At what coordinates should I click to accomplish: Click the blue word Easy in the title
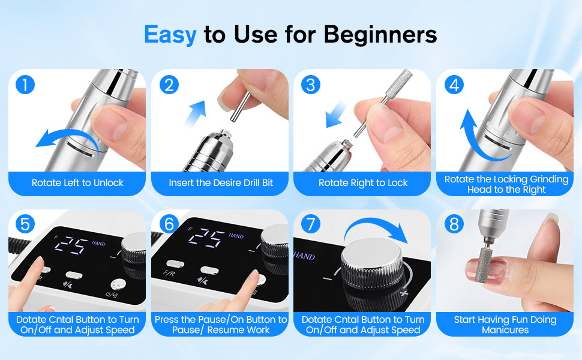pyautogui.click(x=170, y=35)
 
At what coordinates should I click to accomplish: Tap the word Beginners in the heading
pyautogui.click(x=380, y=35)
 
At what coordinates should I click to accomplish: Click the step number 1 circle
pyautogui.click(x=25, y=85)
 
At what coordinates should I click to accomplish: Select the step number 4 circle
pyautogui.click(x=454, y=85)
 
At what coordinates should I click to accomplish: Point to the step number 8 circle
pyautogui.click(x=454, y=224)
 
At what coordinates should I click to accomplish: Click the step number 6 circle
pyautogui.click(x=169, y=224)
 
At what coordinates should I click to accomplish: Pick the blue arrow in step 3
pyautogui.click(x=335, y=115)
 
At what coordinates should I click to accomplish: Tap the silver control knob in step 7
pyautogui.click(x=371, y=264)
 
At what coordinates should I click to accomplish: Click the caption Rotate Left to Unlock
pyautogui.click(x=77, y=182)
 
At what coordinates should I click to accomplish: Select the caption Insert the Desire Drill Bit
pyautogui.click(x=221, y=182)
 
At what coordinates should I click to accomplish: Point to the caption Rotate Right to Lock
pyautogui.click(x=363, y=182)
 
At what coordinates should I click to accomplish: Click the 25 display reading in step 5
pyautogui.click(x=71, y=246)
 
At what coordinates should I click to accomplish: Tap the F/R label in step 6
pyautogui.click(x=169, y=274)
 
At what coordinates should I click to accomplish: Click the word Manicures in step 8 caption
pyautogui.click(x=505, y=330)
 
